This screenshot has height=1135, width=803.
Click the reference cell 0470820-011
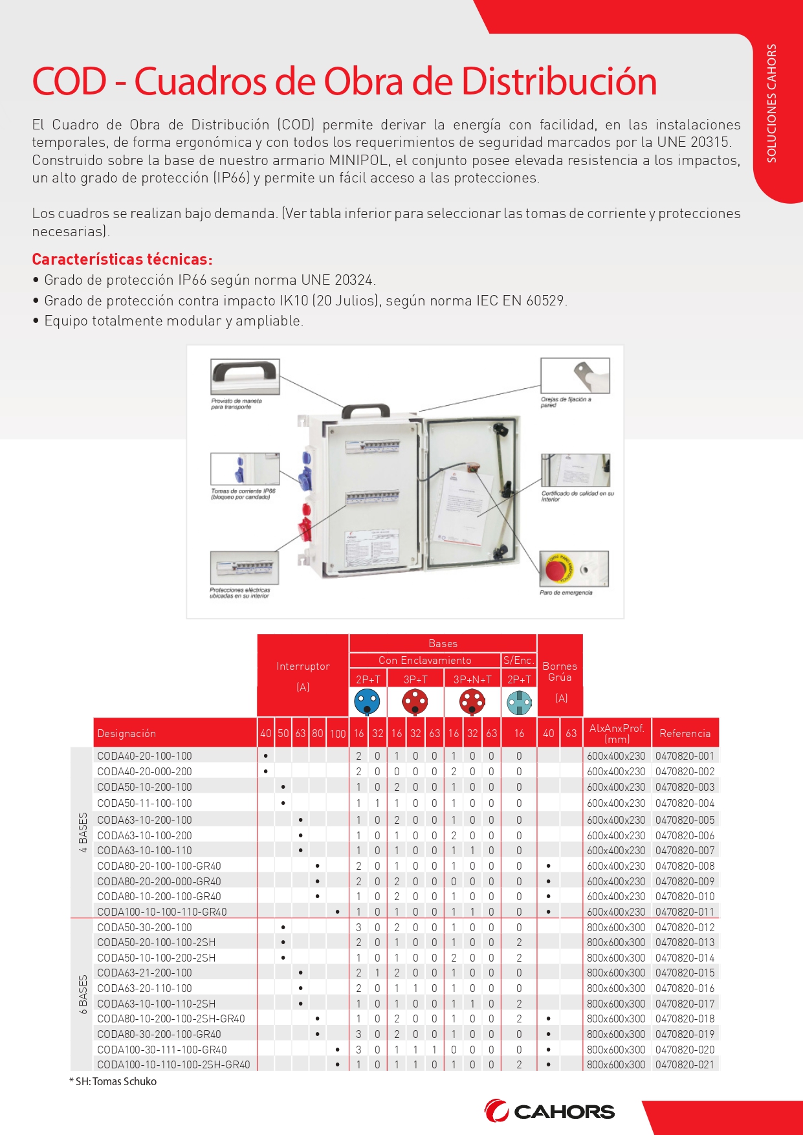click(x=685, y=912)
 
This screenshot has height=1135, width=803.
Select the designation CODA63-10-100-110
click(x=144, y=850)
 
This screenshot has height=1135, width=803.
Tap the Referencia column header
click(x=685, y=733)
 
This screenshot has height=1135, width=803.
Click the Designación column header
click(x=127, y=733)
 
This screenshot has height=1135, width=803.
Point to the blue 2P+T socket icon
click(x=368, y=701)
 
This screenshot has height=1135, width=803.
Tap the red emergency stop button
click(x=556, y=570)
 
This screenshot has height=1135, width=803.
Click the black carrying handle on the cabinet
click(x=366, y=412)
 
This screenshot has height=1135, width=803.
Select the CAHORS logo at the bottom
click(x=549, y=1111)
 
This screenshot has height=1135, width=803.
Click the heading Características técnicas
click(x=122, y=259)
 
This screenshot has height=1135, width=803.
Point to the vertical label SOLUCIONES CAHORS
click(x=771, y=104)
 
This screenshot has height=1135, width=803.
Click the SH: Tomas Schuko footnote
click(x=113, y=1081)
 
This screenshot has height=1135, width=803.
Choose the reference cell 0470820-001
click(x=685, y=756)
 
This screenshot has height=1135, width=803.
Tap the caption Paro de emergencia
click(x=566, y=593)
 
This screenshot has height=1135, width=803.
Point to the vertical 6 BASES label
click(x=83, y=995)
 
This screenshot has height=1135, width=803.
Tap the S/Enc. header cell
click(x=519, y=660)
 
